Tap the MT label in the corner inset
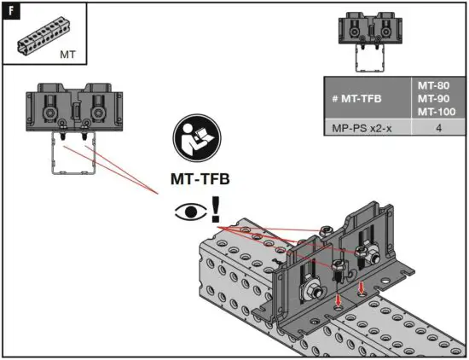[x=68, y=53]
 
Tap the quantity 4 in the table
[x=437, y=129]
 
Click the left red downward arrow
[x=339, y=299]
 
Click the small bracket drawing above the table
[x=370, y=38]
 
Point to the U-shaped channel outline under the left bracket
[x=72, y=154]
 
